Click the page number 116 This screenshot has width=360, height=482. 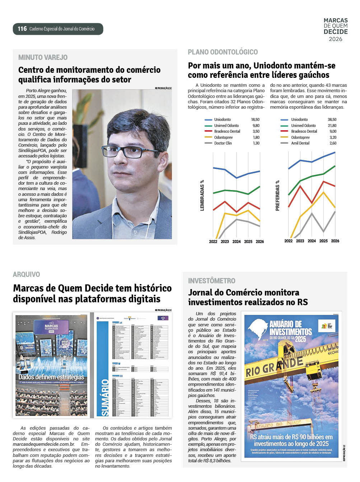(22, 29)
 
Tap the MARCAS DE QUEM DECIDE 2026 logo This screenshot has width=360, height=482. (335, 30)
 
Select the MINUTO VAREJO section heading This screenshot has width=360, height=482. (43, 57)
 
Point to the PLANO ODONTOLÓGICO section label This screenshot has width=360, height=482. (223, 52)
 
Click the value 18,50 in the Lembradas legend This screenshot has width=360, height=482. (255, 120)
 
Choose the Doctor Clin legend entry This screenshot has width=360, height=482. (223, 143)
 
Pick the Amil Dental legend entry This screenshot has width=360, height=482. (300, 143)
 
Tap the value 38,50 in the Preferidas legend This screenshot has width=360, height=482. (332, 120)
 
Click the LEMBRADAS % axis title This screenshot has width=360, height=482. (202, 195)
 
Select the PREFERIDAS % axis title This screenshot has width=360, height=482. (277, 195)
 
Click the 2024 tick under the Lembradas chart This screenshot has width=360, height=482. (237, 242)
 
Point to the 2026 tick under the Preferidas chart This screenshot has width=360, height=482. (335, 241)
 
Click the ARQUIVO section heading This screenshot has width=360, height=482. (26, 274)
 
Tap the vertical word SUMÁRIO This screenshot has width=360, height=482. (105, 397)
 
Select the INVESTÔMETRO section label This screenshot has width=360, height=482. (211, 281)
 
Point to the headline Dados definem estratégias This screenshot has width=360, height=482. (51, 377)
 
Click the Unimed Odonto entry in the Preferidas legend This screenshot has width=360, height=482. (303, 126)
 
